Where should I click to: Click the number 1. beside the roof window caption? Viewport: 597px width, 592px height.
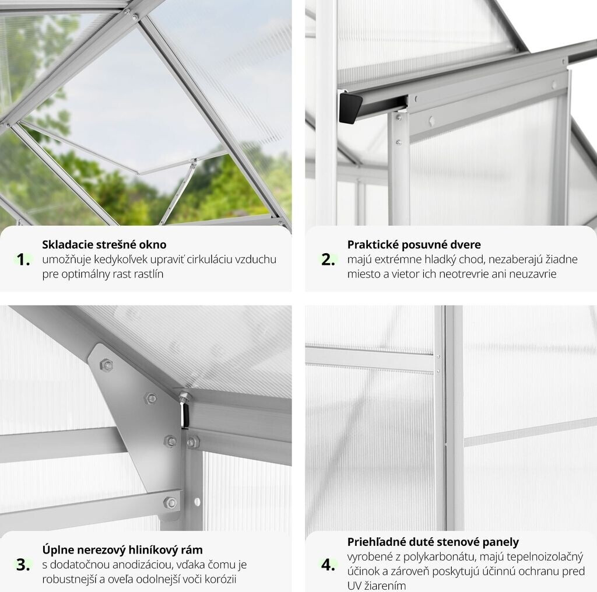point(23,260)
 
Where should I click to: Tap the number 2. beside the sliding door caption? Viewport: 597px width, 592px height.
point(328,260)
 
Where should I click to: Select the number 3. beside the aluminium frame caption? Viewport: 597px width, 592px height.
point(23,565)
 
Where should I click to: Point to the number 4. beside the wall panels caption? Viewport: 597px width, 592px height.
point(328,565)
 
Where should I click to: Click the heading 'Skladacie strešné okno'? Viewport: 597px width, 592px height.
point(104,244)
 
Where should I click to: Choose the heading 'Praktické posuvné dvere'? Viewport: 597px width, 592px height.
point(414,244)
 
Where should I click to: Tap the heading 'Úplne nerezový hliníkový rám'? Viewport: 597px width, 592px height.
point(122,549)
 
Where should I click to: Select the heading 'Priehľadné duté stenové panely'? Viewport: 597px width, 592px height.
point(433,542)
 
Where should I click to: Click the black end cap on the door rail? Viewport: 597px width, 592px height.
point(350,108)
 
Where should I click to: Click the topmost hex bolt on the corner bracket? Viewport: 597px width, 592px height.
point(106,365)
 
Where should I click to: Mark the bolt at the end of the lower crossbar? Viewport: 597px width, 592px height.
point(170,503)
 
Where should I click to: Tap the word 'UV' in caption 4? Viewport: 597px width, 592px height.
point(354,586)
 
